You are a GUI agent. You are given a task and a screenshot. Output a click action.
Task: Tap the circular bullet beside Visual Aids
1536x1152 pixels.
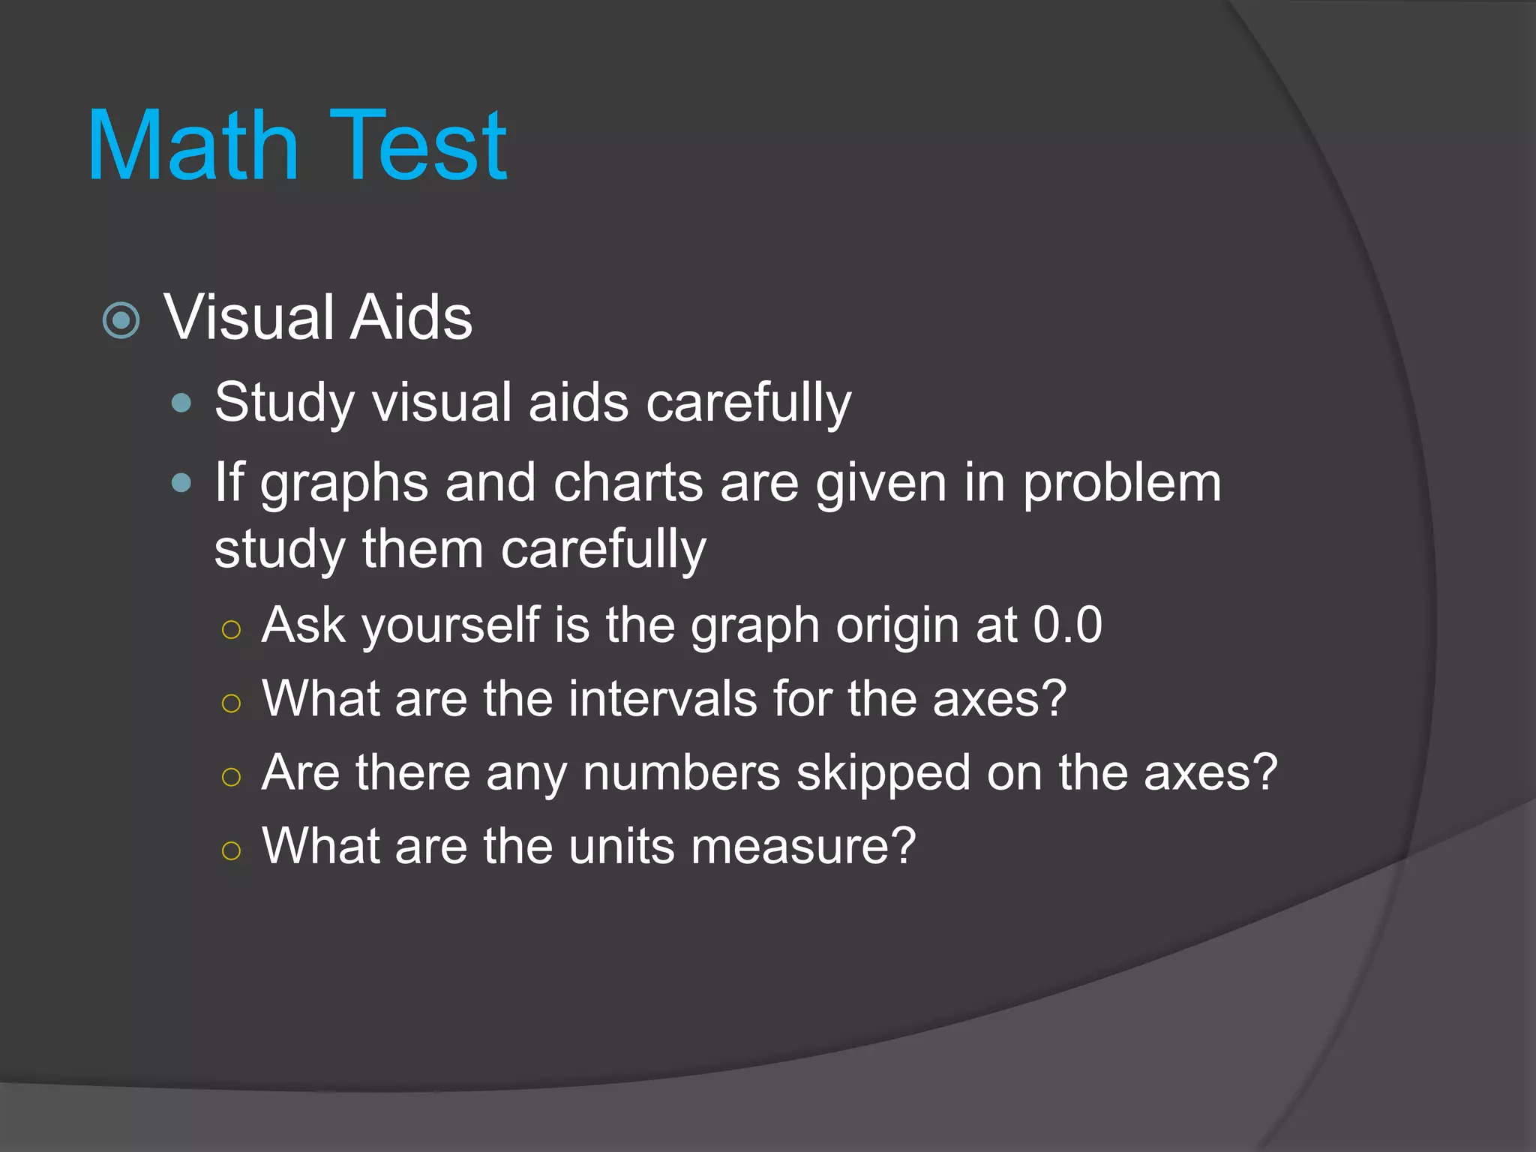pos(121,320)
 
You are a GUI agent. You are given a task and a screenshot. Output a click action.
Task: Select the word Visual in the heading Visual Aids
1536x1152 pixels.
pos(249,317)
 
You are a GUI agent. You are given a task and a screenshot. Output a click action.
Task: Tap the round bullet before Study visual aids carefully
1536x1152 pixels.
pos(181,403)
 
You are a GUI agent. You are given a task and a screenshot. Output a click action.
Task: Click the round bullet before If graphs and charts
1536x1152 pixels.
pos(181,482)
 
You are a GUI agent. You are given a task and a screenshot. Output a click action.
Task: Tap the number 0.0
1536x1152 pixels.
pos(1067,625)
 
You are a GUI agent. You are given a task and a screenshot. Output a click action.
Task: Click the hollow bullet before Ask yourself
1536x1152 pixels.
pos(231,628)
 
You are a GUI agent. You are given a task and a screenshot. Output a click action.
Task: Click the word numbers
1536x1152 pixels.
pos(681,772)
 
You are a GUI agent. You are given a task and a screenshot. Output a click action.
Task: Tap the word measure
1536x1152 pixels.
pos(802,846)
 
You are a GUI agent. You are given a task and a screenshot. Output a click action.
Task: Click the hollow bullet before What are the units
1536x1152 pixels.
pos(231,850)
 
